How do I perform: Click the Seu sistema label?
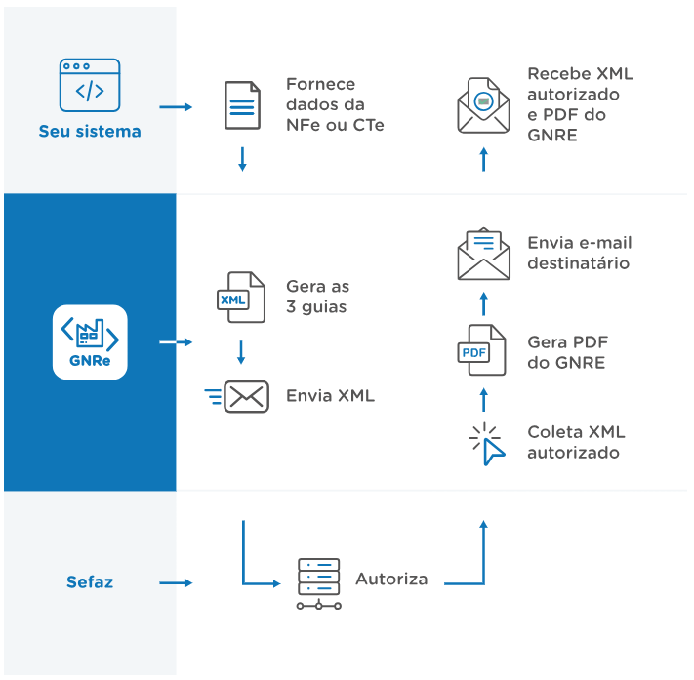(90, 131)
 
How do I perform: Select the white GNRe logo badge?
(90, 341)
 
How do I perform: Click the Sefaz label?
(90, 582)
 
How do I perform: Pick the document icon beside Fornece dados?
(242, 105)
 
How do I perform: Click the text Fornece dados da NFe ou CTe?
(334, 104)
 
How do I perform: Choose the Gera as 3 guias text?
(317, 297)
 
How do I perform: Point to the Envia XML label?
(330, 396)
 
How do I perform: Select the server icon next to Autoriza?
(319, 583)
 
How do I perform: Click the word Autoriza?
(391, 579)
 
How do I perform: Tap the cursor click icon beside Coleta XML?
(486, 444)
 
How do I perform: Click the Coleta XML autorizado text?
(575, 442)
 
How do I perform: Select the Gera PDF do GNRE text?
(567, 352)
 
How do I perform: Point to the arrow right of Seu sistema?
(176, 106)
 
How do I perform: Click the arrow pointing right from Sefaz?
(176, 583)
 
